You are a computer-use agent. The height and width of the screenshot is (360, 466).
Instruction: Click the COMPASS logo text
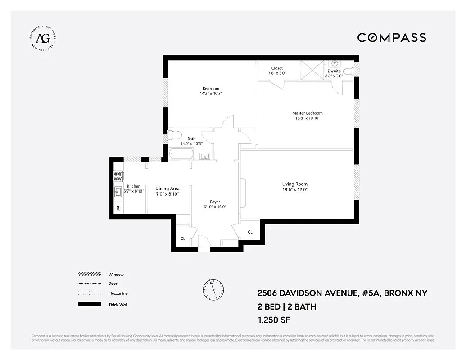pyautogui.click(x=391, y=38)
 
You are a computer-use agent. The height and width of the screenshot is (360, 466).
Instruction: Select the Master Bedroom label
pyautogui.click(x=307, y=113)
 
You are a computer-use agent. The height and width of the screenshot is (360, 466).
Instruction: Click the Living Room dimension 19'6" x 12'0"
pyautogui.click(x=294, y=190)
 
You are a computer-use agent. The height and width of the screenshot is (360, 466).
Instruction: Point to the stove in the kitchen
pyautogui.click(x=118, y=176)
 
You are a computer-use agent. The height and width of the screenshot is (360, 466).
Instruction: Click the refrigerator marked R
pyautogui.click(x=118, y=208)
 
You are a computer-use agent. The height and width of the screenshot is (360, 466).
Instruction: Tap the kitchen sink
pyautogui.click(x=118, y=190)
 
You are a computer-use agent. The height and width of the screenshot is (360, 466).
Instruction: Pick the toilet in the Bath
pyautogui.click(x=174, y=135)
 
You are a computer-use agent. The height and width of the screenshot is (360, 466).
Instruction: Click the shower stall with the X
pyautogui.click(x=312, y=71)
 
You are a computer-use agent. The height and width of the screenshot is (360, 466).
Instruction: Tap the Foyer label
pyautogui.click(x=215, y=202)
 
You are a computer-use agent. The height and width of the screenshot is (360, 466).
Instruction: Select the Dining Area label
pyautogui.click(x=167, y=189)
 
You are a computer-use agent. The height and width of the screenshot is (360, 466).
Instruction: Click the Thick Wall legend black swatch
pyautogui.click(x=89, y=305)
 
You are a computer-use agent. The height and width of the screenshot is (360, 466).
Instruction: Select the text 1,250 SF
pyautogui.click(x=274, y=320)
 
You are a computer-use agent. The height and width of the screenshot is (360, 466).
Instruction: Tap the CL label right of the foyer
pyautogui.click(x=250, y=232)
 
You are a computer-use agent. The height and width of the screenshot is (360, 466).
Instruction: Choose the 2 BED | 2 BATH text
pyautogui.click(x=286, y=307)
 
